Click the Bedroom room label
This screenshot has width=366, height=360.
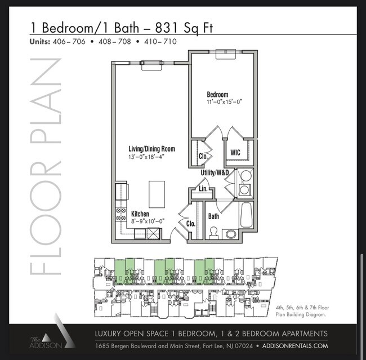tap(217, 95)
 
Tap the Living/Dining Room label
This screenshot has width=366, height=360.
tap(151, 149)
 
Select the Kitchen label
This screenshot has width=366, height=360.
tap(140, 214)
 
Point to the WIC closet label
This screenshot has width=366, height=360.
tap(235, 153)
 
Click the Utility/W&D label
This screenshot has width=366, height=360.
tap(215, 172)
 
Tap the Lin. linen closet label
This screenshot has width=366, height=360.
tap(203, 189)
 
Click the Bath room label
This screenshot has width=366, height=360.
tap(213, 216)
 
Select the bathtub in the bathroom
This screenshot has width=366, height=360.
tap(247, 215)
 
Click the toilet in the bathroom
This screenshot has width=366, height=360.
tap(213, 233)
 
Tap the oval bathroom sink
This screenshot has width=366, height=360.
tap(231, 234)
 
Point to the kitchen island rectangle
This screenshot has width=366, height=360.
tap(157, 194)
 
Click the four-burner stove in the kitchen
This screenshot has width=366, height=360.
tap(120, 214)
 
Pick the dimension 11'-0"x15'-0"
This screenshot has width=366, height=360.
tap(224, 102)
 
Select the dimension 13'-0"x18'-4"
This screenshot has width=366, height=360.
tap(146, 157)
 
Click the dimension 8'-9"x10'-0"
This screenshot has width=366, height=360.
tap(148, 221)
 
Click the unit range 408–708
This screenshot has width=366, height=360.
tap(115, 42)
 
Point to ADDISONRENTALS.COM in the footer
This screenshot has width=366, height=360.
tap(295, 346)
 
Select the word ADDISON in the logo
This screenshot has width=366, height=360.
tap(46, 345)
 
